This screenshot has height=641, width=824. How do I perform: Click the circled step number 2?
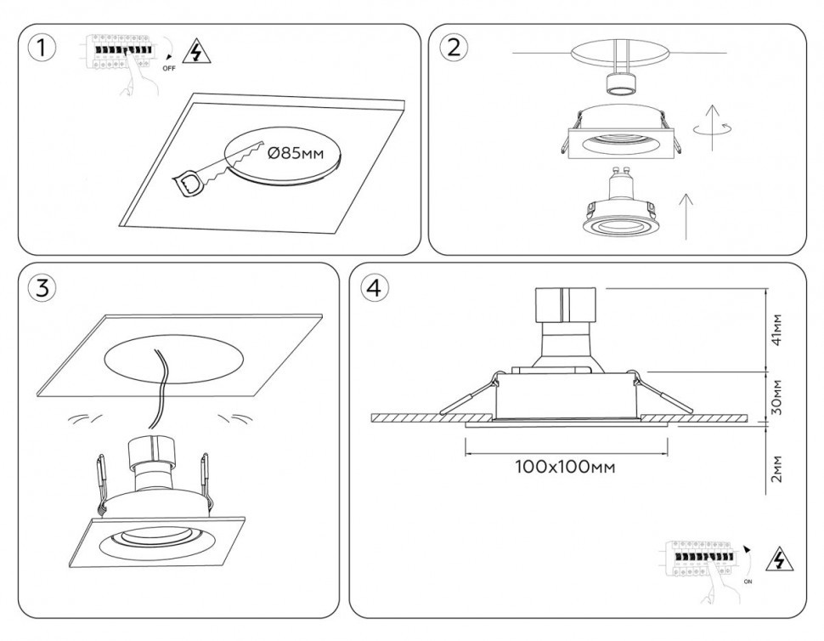(453, 48)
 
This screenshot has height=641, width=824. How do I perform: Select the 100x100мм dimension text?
(565, 467)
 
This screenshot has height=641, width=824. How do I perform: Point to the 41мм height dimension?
(776, 330)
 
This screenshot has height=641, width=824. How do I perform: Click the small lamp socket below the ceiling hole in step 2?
(620, 83)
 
